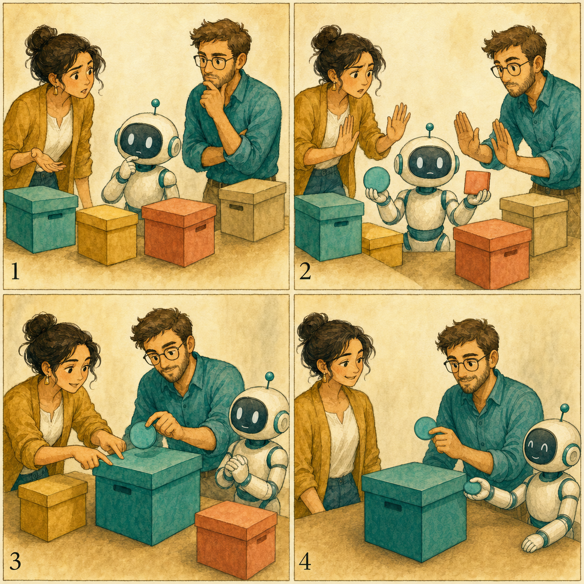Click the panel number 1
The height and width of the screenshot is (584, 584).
click(15, 271)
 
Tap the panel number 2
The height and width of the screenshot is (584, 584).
click(305, 271)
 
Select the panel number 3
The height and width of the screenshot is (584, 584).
click(15, 560)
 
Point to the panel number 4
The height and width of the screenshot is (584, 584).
click(305, 560)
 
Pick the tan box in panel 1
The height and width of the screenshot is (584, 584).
click(252, 210)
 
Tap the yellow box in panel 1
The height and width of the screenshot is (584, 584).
click(107, 234)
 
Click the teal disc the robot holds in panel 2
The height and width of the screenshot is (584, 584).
click(376, 179)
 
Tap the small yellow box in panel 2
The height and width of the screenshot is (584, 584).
click(382, 244)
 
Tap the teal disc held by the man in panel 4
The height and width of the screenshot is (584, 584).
click(425, 428)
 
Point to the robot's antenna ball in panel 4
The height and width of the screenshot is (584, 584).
click(564, 408)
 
